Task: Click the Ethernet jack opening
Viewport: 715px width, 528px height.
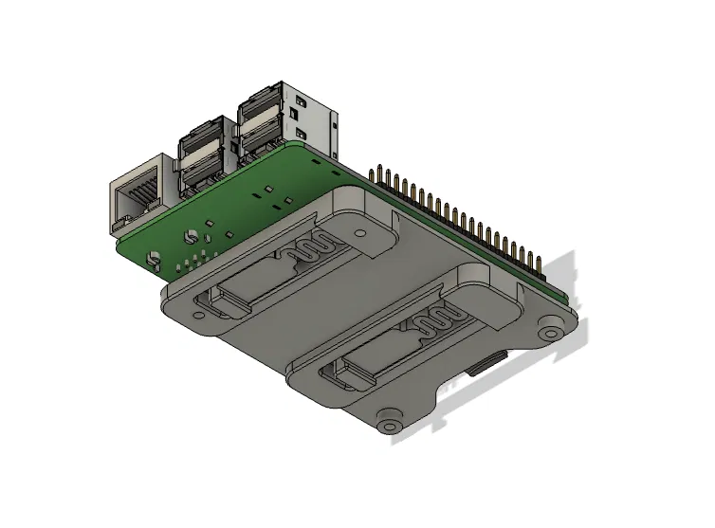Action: [136, 197]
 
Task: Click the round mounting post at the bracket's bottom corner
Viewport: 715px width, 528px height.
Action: [388, 423]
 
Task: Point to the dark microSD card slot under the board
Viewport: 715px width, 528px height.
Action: [489, 361]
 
